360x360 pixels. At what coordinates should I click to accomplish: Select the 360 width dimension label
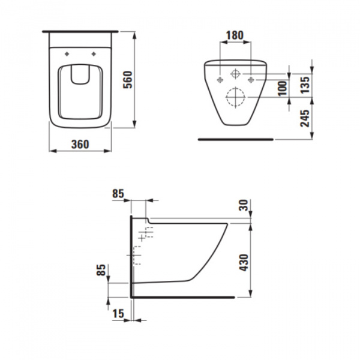coord(79,144)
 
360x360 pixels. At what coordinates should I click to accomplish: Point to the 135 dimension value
coord(306,84)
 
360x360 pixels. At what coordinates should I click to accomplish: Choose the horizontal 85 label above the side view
coord(118,193)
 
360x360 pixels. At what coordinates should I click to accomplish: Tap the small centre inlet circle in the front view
coord(235,74)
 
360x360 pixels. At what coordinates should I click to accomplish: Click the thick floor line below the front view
coord(236,139)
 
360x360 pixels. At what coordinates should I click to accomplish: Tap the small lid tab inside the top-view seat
coord(79,74)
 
